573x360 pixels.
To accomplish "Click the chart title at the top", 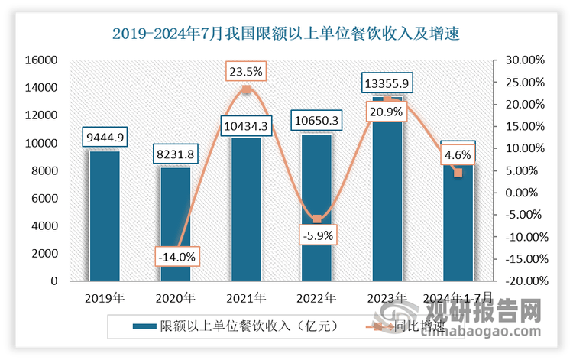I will [286, 34].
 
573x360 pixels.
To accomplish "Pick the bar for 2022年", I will [316, 207].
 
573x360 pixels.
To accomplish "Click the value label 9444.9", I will [104, 138].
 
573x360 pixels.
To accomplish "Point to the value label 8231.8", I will [175, 154].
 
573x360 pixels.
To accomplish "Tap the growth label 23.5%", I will [245, 73].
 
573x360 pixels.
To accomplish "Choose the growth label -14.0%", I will [175, 256].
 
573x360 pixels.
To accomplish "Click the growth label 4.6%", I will [458, 155].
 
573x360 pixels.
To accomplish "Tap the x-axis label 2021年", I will [245, 297].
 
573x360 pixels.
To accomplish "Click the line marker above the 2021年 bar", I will [246, 90].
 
